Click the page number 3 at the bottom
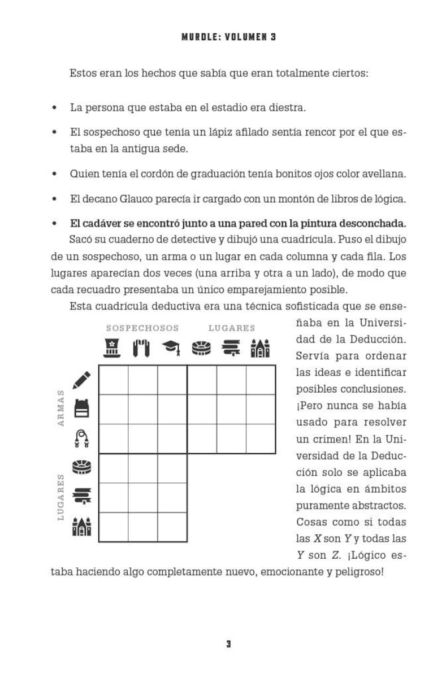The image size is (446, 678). (x=228, y=644)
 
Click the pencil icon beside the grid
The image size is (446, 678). (x=81, y=380)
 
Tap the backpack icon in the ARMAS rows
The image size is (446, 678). (x=81, y=408)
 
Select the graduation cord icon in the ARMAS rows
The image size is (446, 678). (x=81, y=438)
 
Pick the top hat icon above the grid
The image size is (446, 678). (x=113, y=348)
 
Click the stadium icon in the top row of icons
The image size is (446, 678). (x=202, y=348)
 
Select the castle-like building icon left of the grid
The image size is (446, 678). (x=81, y=527)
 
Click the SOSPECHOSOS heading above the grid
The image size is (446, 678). (x=142, y=328)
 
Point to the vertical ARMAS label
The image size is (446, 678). (x=61, y=408)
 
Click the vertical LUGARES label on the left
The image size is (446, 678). (x=61, y=497)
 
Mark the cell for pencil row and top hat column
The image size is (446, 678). (x=113, y=380)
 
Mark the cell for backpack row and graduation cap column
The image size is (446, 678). (x=172, y=409)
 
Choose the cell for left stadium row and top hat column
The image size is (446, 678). (x=113, y=468)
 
